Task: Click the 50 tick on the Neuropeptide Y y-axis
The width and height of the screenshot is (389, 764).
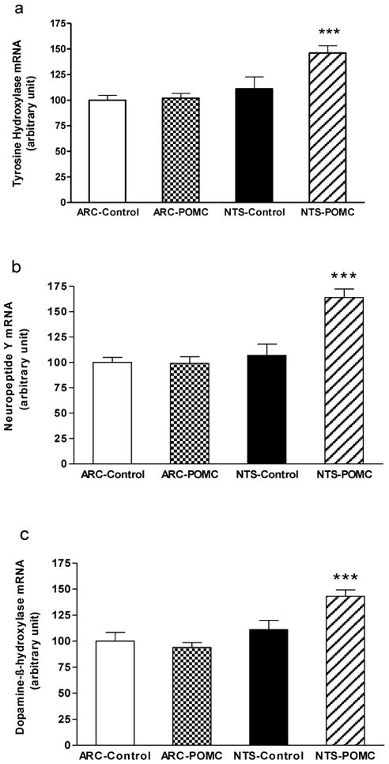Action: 65,413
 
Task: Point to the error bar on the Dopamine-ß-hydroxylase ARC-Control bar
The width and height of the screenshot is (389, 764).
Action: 111,637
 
